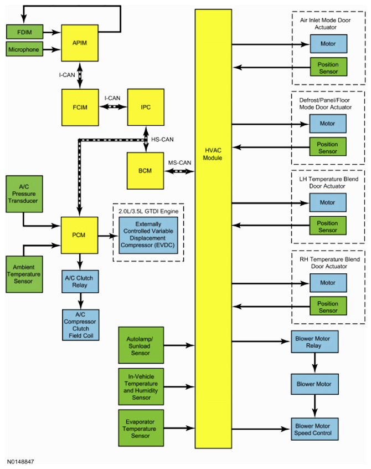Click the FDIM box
click(x=24, y=32)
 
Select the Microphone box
click(x=24, y=49)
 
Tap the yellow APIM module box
click(x=80, y=43)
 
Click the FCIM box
click(x=80, y=108)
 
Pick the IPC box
click(x=146, y=107)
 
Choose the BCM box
click(x=145, y=171)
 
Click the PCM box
click(x=79, y=236)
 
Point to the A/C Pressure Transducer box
click(x=24, y=194)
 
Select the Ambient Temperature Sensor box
click(x=24, y=274)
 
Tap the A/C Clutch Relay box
click(x=80, y=282)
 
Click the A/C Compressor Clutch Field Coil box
click(x=81, y=325)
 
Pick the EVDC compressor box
click(x=148, y=236)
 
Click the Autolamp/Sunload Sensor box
click(x=141, y=345)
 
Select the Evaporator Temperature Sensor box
click(x=141, y=428)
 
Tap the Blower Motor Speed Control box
click(x=315, y=429)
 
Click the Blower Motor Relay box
click(x=315, y=341)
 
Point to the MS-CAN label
click(x=179, y=163)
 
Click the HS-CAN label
click(x=162, y=139)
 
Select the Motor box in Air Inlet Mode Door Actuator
click(x=328, y=44)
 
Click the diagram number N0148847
click(x=20, y=462)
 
